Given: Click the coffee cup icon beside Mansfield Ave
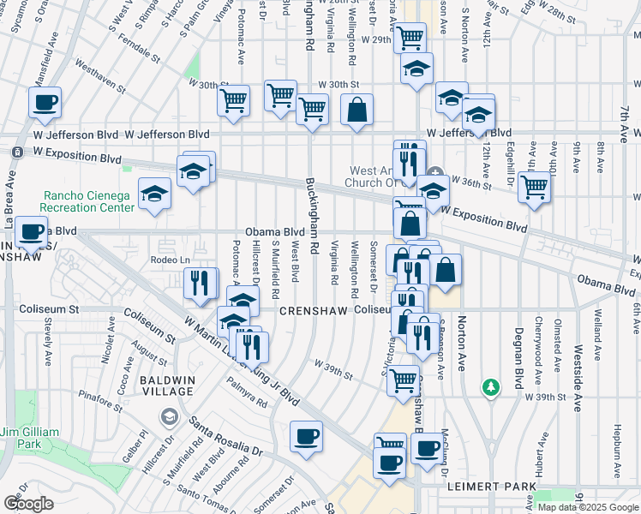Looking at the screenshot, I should (45, 103).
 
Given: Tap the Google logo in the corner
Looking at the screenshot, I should (28, 503).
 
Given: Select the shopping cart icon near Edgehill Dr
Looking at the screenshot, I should (535, 186).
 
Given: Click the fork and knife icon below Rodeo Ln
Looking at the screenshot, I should (201, 284).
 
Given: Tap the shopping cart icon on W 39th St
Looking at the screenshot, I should (403, 380).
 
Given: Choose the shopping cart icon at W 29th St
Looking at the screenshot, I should (410, 38).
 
